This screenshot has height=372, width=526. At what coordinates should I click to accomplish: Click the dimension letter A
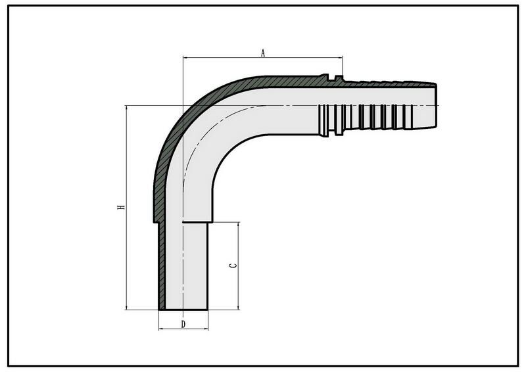tap(264, 53)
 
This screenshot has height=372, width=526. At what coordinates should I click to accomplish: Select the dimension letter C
tap(233, 266)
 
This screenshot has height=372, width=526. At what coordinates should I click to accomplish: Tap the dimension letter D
tap(183, 324)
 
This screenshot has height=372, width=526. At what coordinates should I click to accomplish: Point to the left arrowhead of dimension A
tap(185, 58)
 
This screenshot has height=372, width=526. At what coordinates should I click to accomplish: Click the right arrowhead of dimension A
tap(340, 58)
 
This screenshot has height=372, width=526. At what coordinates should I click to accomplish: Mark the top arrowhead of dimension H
tap(126, 108)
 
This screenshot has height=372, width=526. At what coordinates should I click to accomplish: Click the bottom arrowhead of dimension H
tap(126, 307)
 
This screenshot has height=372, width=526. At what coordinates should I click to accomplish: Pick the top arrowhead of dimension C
tap(238, 225)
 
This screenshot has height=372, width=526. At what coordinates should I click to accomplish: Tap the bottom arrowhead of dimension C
tap(238, 307)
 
